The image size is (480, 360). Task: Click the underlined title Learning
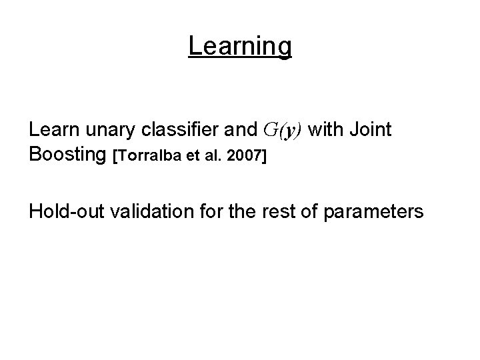[x=240, y=46]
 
